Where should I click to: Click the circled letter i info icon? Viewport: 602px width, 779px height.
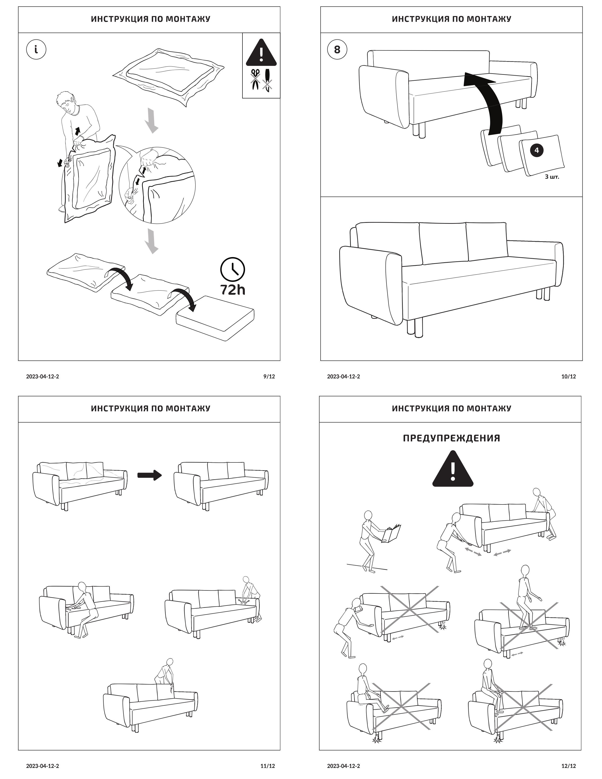click(x=36, y=50)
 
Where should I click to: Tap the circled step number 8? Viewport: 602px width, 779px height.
click(x=337, y=50)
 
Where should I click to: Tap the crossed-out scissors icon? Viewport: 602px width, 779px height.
click(x=255, y=79)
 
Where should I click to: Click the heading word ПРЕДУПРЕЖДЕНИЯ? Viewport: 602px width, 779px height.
click(x=451, y=438)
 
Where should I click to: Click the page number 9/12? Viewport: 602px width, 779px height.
click(x=269, y=376)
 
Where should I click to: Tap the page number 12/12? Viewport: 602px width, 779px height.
click(x=568, y=766)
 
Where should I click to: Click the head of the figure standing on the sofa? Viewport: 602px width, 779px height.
click(x=525, y=570)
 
